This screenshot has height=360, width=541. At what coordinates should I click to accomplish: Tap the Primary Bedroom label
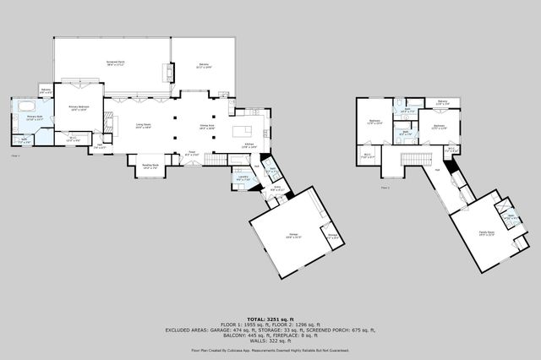pos(78,109)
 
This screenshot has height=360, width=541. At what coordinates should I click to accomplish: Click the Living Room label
pos(143,126)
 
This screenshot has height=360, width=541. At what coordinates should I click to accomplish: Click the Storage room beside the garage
pos(332,237)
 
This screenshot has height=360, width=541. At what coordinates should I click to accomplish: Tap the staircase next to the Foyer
pos(219,159)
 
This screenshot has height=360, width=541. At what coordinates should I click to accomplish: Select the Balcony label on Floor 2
pos(443,102)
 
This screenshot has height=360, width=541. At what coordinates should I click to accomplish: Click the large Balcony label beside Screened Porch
pos(204,65)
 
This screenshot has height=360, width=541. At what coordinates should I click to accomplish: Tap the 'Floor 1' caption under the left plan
pos(15,155)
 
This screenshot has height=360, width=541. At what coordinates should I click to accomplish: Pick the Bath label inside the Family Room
pos(511,216)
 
